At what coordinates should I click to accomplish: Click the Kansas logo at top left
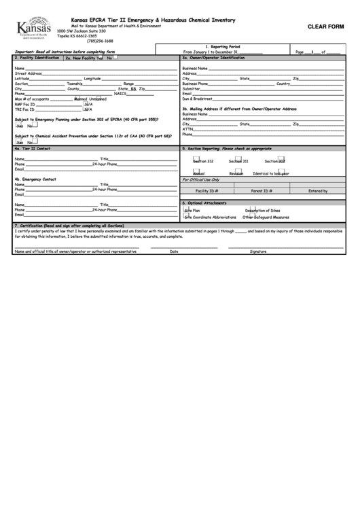point(33,29)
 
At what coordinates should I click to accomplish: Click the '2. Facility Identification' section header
point(37,58)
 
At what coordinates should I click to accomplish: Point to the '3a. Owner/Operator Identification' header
point(213,58)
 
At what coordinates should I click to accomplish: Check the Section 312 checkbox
point(196,160)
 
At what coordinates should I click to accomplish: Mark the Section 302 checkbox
point(281,160)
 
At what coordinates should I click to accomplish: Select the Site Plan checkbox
point(185,210)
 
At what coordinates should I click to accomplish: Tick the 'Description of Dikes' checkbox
point(249,210)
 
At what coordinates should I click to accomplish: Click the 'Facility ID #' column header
point(206,191)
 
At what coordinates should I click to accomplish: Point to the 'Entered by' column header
point(318,191)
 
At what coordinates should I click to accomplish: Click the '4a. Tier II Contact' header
point(32,147)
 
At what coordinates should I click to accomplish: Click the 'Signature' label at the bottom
point(258,251)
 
